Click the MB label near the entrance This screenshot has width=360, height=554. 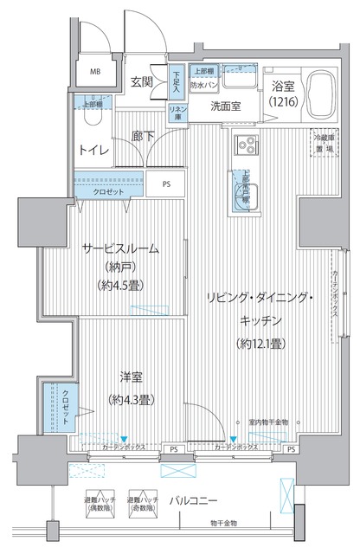pos(96,73)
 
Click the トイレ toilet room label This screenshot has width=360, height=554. pos(94,150)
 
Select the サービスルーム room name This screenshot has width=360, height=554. pos(121,249)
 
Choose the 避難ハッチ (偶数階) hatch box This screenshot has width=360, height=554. pos(96,504)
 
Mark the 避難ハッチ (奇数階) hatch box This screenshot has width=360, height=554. pos(143,504)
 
